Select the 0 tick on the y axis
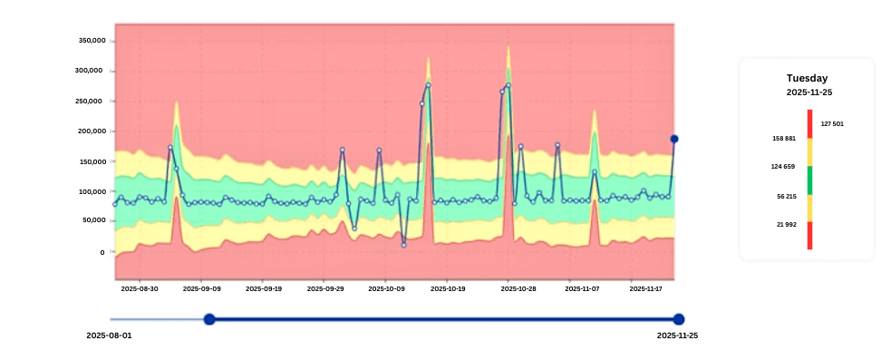point(102,251)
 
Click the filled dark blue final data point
point(674,139)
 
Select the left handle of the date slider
point(209,319)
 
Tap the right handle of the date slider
point(679,319)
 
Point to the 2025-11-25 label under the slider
point(677,336)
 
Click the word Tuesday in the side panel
point(807,79)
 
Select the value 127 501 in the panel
point(832,123)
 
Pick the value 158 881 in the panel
point(784,139)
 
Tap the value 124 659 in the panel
point(784,167)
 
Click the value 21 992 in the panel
point(786,224)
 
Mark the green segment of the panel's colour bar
point(809,180)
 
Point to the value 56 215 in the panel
point(786,196)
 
